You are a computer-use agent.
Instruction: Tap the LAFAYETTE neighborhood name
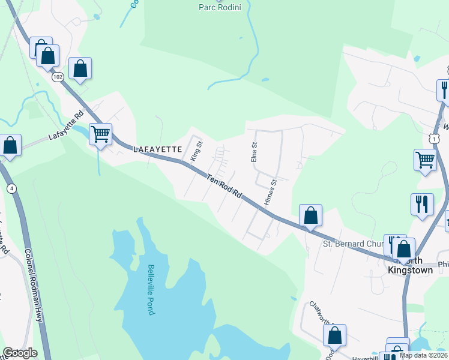[157, 149]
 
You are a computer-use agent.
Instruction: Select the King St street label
[196, 151]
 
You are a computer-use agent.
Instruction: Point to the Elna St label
[254, 151]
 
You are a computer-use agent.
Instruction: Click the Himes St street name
[270, 191]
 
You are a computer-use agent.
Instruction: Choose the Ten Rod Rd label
[224, 186]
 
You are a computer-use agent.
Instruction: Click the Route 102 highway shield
[58, 77]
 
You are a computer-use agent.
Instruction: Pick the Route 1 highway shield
[435, 138]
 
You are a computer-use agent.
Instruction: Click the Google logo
[20, 353]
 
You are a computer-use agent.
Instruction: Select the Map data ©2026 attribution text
[423, 355]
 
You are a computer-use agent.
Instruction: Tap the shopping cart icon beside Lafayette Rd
[100, 134]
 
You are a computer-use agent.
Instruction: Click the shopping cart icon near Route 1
[425, 160]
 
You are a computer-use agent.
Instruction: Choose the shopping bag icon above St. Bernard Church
[310, 215]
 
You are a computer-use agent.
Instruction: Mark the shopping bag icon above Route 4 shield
[10, 145]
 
